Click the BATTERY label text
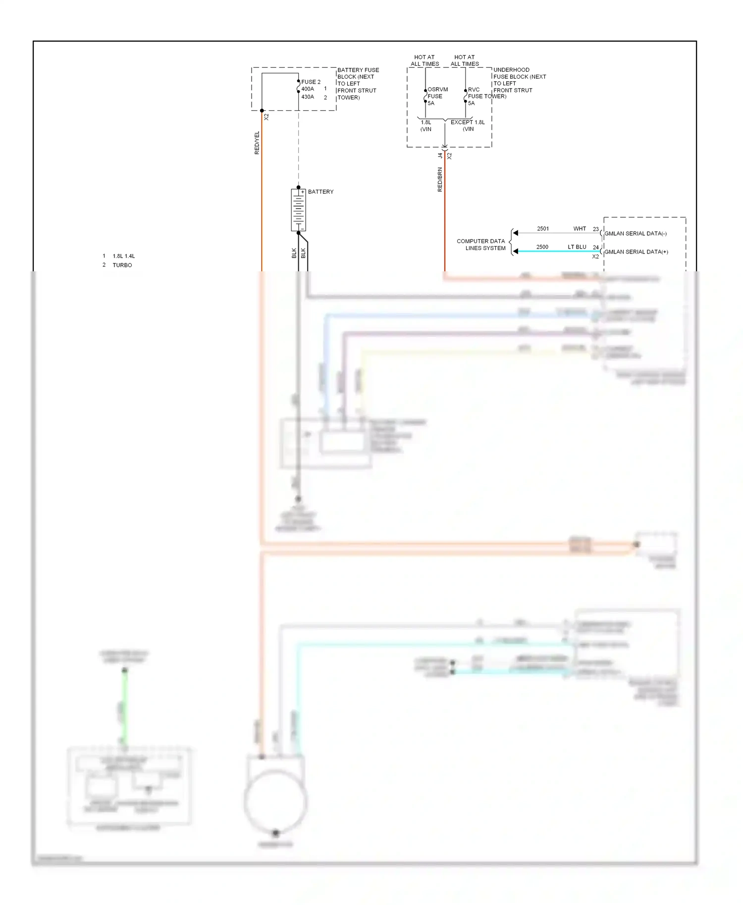tap(320, 192)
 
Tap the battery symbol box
tap(298, 210)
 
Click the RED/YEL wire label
tap(257, 143)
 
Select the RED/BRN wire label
tap(440, 179)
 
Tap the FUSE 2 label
tap(311, 82)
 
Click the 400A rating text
tap(308, 89)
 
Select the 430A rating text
tap(308, 97)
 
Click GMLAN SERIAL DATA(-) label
tap(635, 234)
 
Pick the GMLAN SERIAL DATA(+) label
tap(636, 252)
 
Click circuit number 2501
tap(543, 229)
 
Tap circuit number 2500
tap(542, 247)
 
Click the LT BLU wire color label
tap(577, 247)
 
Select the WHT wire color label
tap(580, 229)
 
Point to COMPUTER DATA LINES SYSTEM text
tap(481, 245)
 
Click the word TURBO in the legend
tap(122, 265)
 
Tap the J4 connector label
tap(440, 155)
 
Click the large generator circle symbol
tap(275, 802)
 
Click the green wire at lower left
tap(125, 708)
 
